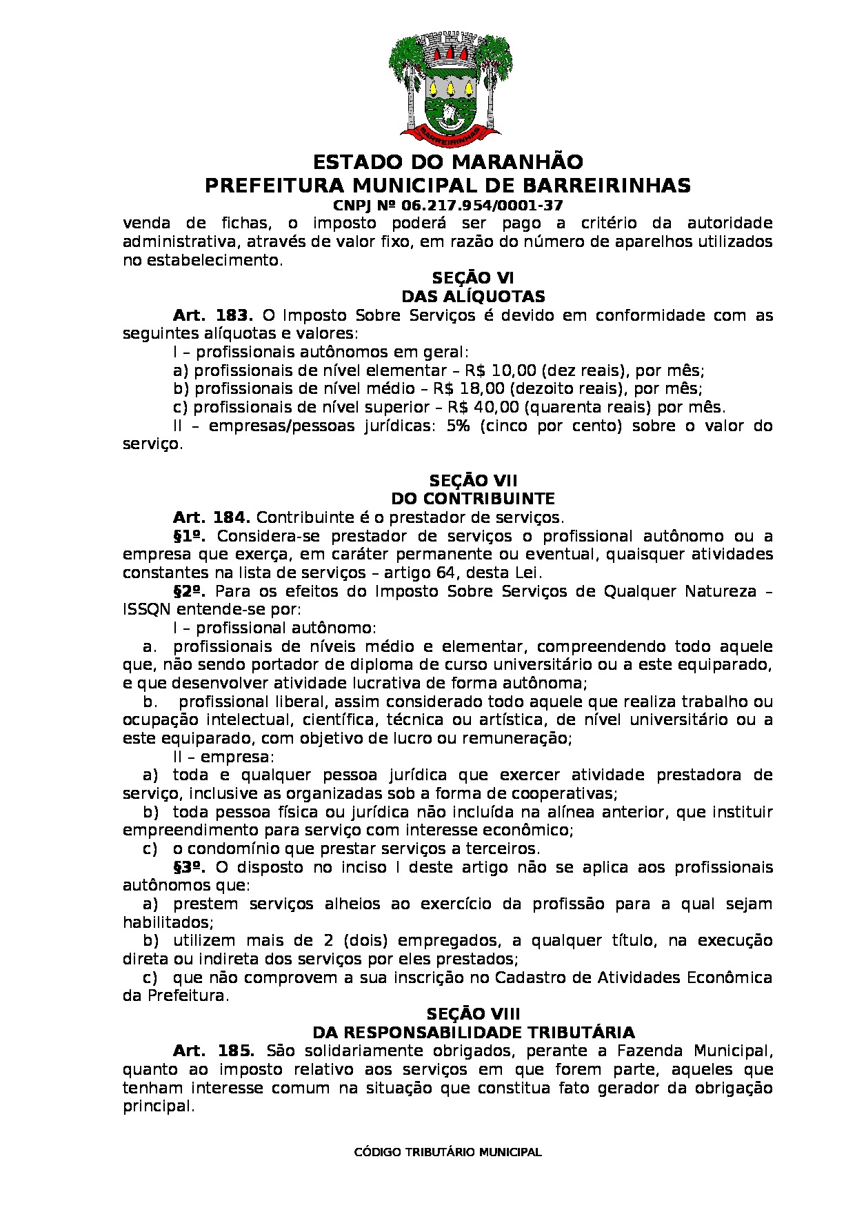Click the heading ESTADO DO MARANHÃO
pos(448,163)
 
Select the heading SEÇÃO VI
pos(473,278)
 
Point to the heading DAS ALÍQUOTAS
pos(473,297)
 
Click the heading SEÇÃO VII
pos(473,480)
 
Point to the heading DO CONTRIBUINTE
pos(473,499)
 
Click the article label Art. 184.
pos(212,517)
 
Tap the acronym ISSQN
pos(147,610)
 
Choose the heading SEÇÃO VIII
pos(473,1014)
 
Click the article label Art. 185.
pos(214,1051)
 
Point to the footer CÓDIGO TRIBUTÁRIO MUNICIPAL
pos(447,1153)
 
